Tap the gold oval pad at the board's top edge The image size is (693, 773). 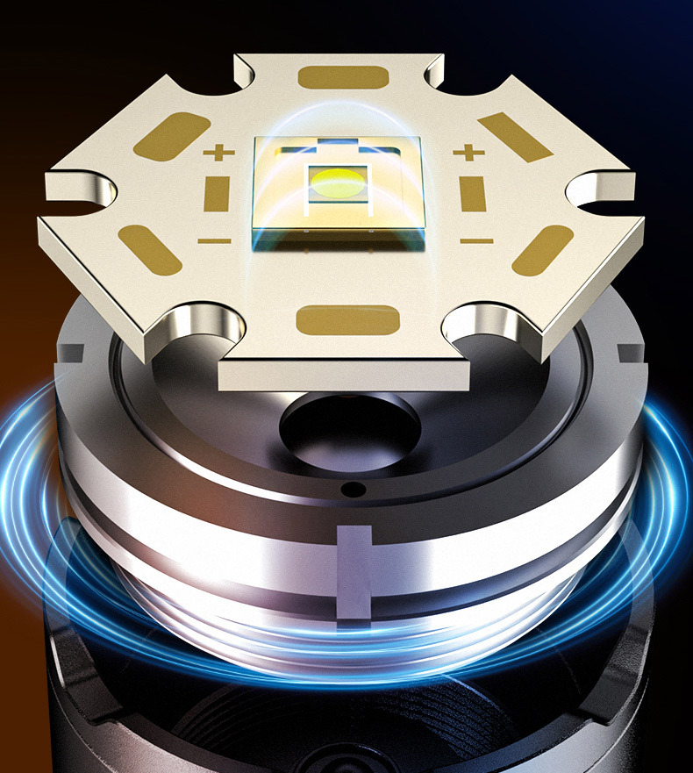(x=342, y=77)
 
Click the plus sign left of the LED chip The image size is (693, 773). (x=214, y=154)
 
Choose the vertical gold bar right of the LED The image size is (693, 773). (x=471, y=195)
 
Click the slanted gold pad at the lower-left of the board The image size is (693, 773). (x=150, y=247)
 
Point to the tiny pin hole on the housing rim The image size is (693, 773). (x=354, y=488)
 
